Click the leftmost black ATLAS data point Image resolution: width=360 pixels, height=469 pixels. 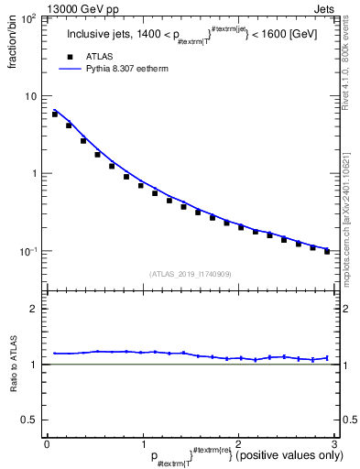pyautogui.click(x=55, y=115)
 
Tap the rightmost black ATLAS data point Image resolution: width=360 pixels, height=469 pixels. pyautogui.click(x=327, y=250)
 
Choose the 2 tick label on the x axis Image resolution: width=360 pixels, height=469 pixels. pyautogui.click(x=238, y=444)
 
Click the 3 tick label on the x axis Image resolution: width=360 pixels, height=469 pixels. pyautogui.click(x=333, y=444)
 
